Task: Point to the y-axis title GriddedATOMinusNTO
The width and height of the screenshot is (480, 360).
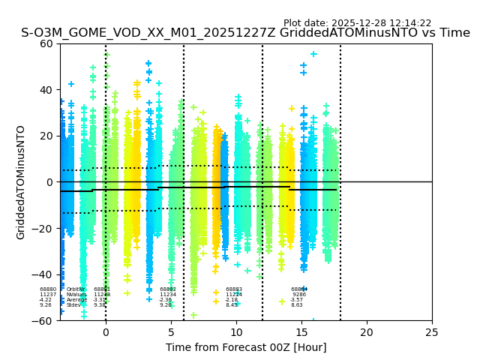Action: click(x=21, y=182)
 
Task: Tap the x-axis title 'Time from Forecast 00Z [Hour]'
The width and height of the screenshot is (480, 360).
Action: click(x=246, y=347)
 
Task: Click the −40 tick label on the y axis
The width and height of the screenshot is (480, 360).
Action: click(x=44, y=274)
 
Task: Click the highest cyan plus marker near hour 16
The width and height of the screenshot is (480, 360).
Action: click(x=313, y=54)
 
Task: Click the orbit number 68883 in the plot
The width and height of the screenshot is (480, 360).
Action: click(x=234, y=289)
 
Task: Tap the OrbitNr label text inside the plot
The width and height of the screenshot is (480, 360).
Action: click(x=75, y=289)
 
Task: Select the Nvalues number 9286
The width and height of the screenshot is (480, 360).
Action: click(x=299, y=294)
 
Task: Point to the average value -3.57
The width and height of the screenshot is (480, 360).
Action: click(x=297, y=299)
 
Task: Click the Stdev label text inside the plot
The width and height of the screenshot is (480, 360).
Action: click(x=73, y=304)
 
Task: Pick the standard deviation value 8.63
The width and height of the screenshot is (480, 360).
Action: click(x=297, y=304)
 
